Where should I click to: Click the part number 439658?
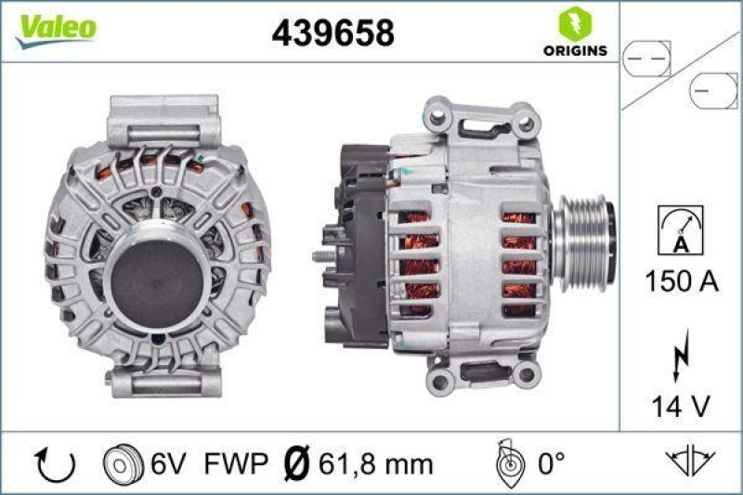(332, 33)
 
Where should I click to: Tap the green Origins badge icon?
(571, 22)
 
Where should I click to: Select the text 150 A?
(680, 280)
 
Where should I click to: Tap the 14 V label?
(680, 405)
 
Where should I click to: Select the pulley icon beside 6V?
(118, 462)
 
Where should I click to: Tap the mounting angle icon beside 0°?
(506, 462)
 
